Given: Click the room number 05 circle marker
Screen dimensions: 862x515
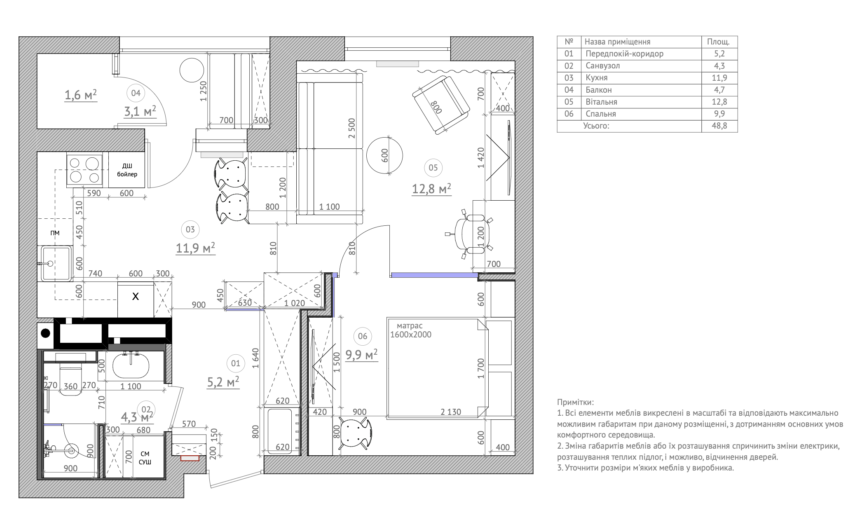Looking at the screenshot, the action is pyautogui.click(x=433, y=168).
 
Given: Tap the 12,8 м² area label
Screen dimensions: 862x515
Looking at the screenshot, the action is pyautogui.click(x=431, y=189).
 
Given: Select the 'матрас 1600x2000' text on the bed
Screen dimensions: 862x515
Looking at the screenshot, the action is pyautogui.click(x=410, y=330).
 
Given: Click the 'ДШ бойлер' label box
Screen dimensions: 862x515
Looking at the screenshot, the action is pyautogui.click(x=127, y=170).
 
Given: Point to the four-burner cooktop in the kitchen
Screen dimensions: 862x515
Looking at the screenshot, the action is pyautogui.click(x=84, y=169).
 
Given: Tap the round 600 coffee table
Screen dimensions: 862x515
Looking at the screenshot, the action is pyautogui.click(x=384, y=155).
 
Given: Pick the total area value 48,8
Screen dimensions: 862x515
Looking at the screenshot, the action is pyautogui.click(x=719, y=126).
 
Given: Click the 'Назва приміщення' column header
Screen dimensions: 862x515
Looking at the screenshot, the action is pyautogui.click(x=617, y=42).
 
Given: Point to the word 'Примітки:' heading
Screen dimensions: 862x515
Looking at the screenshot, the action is pyautogui.click(x=576, y=402).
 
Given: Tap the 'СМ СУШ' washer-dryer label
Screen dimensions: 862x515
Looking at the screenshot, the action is pyautogui.click(x=145, y=458).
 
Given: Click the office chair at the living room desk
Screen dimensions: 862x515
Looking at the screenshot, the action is pyautogui.click(x=470, y=233).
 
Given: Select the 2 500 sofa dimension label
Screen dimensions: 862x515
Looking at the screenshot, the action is pyautogui.click(x=351, y=128).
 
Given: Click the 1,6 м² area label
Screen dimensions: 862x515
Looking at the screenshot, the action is pyautogui.click(x=81, y=95).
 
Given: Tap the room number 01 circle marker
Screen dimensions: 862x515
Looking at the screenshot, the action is pyautogui.click(x=235, y=363).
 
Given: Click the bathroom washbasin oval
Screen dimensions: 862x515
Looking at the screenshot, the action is pyautogui.click(x=131, y=366).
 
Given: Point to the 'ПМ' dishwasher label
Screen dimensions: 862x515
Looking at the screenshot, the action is pyautogui.click(x=55, y=233).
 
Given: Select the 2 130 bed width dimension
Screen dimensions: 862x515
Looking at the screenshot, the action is pyautogui.click(x=451, y=412).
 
